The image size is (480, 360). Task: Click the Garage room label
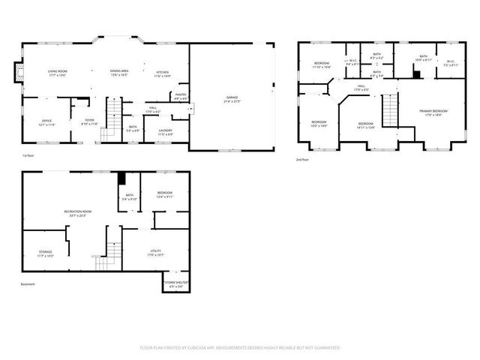pyautogui.click(x=232, y=98)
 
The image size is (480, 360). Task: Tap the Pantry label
pyautogui.click(x=181, y=95)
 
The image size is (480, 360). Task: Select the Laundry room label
pyautogui.click(x=166, y=132)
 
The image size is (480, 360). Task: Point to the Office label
pyautogui.click(x=46, y=121)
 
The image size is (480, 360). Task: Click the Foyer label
pyautogui.click(x=89, y=121)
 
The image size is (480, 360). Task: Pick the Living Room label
pyautogui.click(x=58, y=73)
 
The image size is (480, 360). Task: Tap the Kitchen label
pyautogui.click(x=163, y=73)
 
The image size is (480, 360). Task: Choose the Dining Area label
pyautogui.click(x=119, y=73)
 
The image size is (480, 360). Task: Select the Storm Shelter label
pyautogui.click(x=176, y=284)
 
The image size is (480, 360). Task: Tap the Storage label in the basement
pyautogui.click(x=46, y=253)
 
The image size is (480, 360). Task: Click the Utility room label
pyautogui.click(x=156, y=253)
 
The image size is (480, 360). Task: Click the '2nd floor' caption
pyautogui.click(x=304, y=160)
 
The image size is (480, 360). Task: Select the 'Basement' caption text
pyautogui.click(x=28, y=283)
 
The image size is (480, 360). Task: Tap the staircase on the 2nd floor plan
pyautogui.click(x=391, y=111)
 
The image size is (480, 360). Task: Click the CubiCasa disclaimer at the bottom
pyautogui.click(x=240, y=348)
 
